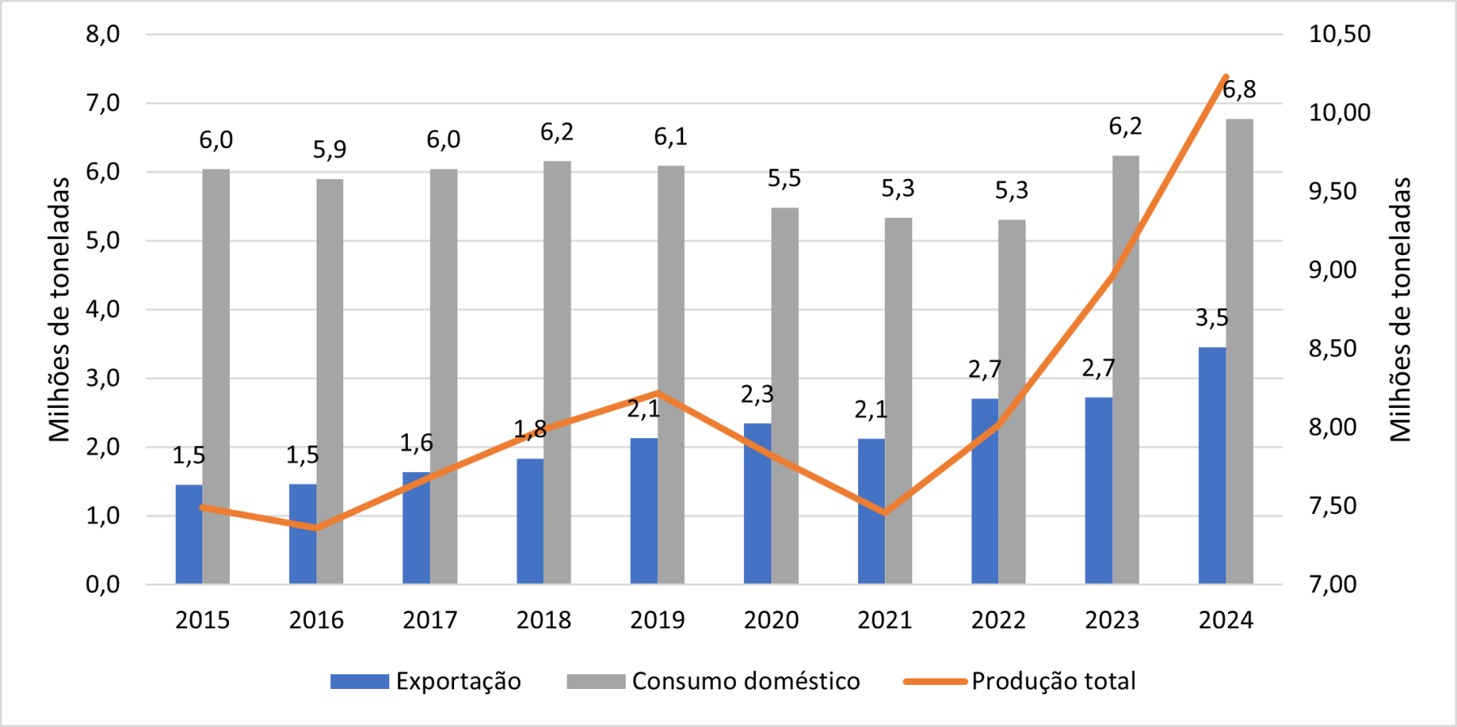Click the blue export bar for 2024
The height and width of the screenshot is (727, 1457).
[1212, 466]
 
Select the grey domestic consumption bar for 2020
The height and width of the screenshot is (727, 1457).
[784, 396]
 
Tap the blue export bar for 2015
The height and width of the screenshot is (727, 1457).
[189, 534]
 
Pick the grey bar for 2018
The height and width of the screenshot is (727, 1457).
[557, 372]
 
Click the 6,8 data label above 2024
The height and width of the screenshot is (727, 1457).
[1239, 89]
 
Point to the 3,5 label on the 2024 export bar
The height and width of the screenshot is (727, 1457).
[1212, 318]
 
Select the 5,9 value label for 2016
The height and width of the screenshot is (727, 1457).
[329, 149]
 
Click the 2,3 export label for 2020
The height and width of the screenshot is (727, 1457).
[757, 394]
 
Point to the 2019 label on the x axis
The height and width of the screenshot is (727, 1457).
[657, 620]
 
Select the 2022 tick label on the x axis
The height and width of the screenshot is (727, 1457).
[998, 620]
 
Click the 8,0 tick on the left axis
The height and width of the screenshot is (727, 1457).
[103, 34]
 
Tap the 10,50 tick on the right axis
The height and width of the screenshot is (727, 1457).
[1340, 34]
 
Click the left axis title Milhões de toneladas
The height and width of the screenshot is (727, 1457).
[59, 309]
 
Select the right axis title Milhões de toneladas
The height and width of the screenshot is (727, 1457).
[1400, 309]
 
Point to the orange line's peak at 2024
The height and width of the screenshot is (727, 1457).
[1225, 77]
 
